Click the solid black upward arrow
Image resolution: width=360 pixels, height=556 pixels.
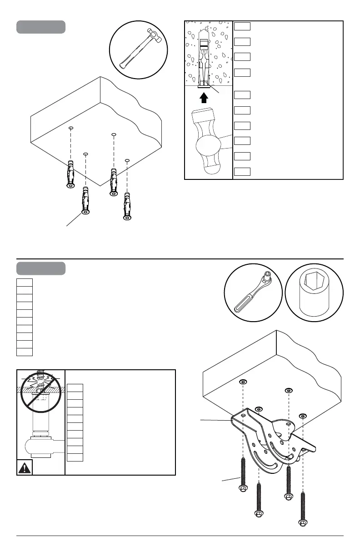click(x=204, y=98)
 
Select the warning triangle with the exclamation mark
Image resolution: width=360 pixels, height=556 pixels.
click(x=25, y=467)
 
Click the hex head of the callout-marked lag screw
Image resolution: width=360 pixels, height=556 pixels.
click(x=243, y=489)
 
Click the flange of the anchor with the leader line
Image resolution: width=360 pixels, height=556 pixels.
click(x=85, y=212)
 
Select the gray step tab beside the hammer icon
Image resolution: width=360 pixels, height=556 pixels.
click(x=41, y=27)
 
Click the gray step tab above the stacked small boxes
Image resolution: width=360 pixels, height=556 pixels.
click(x=41, y=268)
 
